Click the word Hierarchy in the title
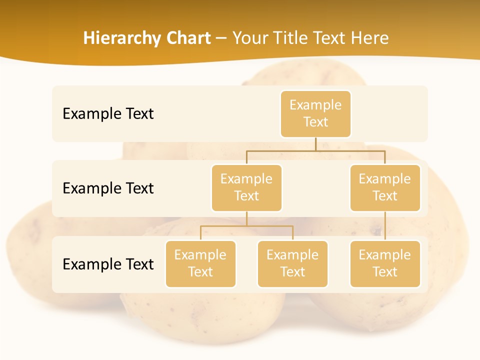point(120,38)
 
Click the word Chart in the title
point(187,38)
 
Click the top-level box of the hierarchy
point(315,113)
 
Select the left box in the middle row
point(246,187)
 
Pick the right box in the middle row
point(385,187)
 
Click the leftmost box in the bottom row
point(200,263)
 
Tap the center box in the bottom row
point(292,263)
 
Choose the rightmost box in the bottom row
point(385,263)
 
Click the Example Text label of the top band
point(108,113)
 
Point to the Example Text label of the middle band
point(108,188)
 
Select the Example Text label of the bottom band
point(108,264)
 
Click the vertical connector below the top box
point(315,144)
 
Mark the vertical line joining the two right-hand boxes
point(385,226)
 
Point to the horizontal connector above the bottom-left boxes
point(246,226)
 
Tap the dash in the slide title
point(221,38)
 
